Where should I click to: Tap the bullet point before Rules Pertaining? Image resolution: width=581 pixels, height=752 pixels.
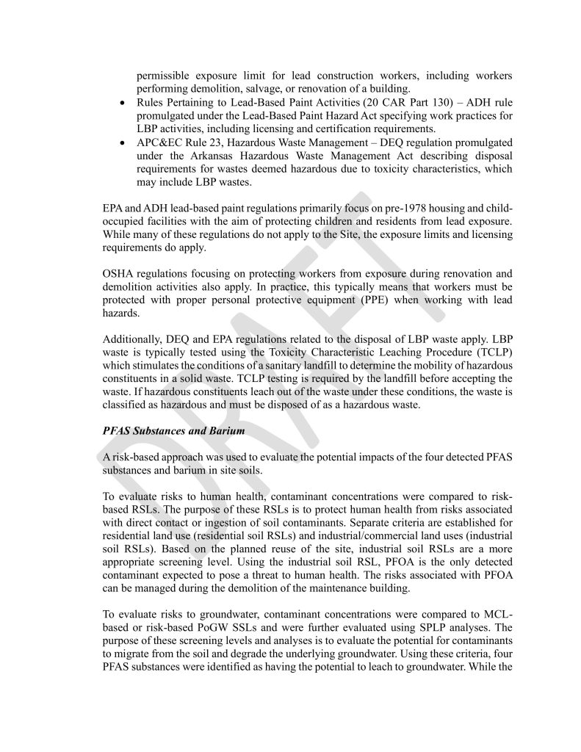(122, 102)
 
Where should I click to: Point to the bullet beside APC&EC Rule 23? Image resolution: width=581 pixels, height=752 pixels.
(122, 143)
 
